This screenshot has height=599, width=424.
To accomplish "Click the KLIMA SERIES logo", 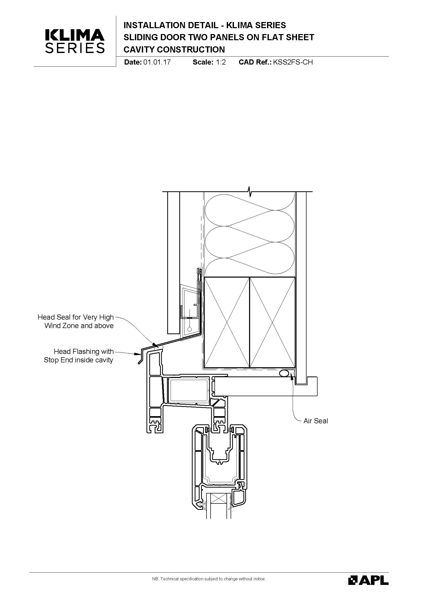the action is point(75,41).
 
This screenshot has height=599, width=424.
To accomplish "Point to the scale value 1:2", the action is point(221,62).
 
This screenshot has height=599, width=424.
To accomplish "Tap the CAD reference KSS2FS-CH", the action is point(293,62).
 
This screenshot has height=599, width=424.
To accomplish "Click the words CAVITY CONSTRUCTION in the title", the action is point(174,49).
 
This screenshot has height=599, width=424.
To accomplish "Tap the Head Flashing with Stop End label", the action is point(79,356).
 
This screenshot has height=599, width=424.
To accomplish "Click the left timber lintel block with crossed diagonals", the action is point(227,322).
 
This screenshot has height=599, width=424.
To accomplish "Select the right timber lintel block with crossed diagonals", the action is point(272,322).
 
